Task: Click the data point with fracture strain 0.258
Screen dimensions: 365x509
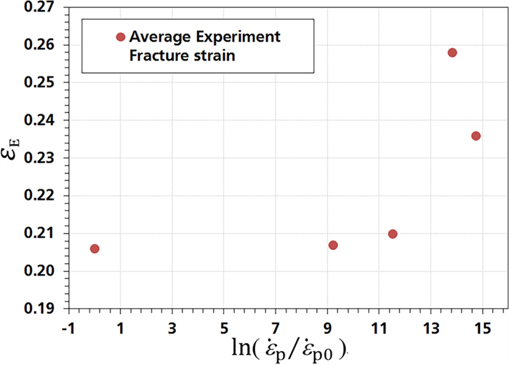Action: coord(452,52)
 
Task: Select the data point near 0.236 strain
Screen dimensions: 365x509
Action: coord(476,136)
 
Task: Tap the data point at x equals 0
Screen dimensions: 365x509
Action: coord(95,249)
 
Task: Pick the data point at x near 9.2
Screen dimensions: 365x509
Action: coord(333,245)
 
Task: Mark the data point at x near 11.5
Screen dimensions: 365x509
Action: coord(393,234)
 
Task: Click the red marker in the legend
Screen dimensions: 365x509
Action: coord(121,37)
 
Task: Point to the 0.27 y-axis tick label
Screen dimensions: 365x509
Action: coord(41,7)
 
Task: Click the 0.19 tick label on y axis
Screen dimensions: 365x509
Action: coord(41,309)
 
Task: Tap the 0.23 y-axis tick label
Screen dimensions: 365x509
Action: coord(41,158)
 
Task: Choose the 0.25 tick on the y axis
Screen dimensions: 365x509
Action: coord(41,83)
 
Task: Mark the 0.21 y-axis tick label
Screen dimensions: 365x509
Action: coord(41,234)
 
